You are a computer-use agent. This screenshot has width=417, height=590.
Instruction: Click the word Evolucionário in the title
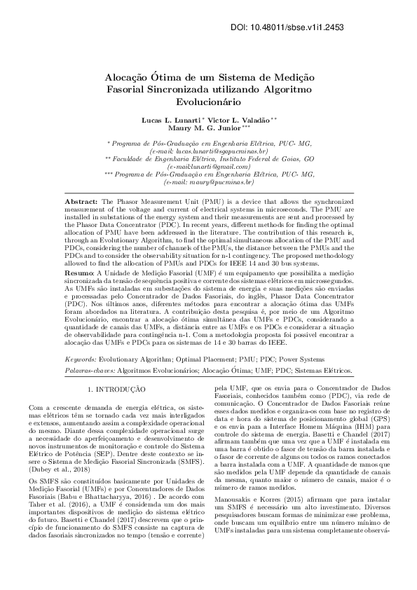click(x=208, y=102)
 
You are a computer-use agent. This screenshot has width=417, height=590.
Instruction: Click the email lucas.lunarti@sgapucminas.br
click(x=214, y=151)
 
